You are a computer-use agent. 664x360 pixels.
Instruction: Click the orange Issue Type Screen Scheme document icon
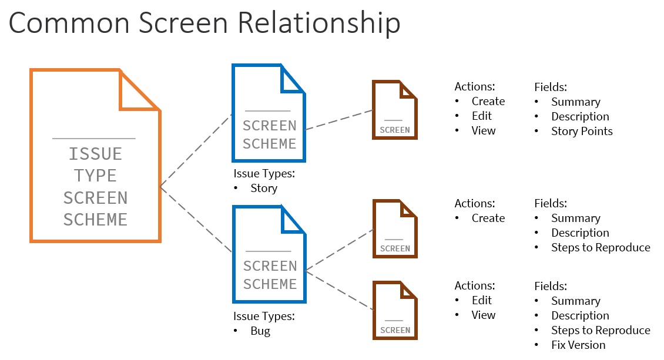(95, 156)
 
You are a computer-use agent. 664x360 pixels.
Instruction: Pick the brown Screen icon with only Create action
(394, 228)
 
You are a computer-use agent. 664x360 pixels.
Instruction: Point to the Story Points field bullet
(581, 131)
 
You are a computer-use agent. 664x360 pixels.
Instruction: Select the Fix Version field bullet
(578, 345)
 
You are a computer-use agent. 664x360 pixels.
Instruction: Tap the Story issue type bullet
(263, 189)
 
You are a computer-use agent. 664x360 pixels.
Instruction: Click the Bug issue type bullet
(260, 331)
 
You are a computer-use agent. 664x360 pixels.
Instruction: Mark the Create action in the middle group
(488, 218)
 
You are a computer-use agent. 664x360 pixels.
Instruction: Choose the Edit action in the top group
(481, 116)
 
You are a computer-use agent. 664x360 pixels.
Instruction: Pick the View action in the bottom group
(483, 315)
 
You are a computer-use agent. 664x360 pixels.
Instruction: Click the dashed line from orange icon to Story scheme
(196, 150)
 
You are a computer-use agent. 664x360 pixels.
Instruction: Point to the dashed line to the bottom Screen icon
(340, 290)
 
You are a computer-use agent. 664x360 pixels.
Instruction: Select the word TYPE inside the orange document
(95, 176)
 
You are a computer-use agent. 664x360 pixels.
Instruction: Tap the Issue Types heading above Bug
(264, 317)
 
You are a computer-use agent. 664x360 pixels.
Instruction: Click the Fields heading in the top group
(550, 87)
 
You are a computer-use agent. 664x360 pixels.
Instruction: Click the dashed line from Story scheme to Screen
(339, 120)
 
